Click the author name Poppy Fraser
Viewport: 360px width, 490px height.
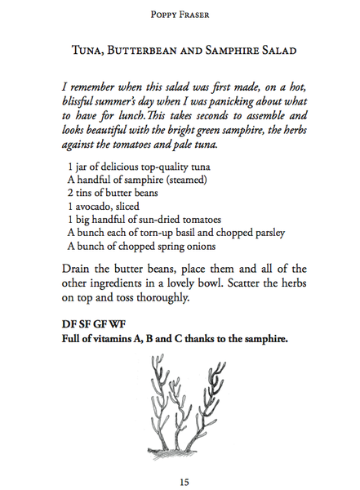pyautogui.click(x=180, y=14)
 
